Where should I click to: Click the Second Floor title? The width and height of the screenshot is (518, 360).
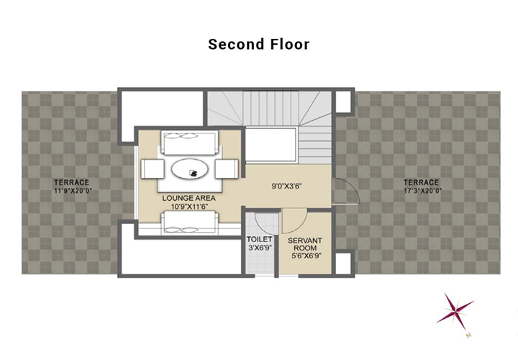click(259, 45)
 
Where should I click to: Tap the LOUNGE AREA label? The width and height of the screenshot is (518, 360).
click(188, 198)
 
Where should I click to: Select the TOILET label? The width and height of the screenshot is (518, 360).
click(260, 239)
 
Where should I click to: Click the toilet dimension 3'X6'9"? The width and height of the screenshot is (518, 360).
click(260, 247)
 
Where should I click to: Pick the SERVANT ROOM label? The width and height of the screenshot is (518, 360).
click(305, 244)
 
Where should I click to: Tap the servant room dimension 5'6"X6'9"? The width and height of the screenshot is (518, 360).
click(306, 256)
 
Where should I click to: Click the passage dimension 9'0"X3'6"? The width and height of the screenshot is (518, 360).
click(287, 186)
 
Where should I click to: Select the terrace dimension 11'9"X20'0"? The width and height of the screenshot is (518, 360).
click(73, 190)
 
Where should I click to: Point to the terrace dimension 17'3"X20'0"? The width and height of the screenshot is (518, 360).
click(423, 190)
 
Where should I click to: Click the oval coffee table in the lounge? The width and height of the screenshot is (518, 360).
click(190, 169)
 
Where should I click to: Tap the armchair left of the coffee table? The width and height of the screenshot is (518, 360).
click(153, 169)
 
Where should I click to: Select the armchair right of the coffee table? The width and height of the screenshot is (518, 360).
click(227, 169)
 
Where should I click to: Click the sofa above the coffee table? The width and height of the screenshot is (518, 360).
click(190, 143)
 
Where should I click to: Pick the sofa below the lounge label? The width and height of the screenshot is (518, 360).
click(190, 222)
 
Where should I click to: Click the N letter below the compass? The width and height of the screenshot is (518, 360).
click(468, 336)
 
